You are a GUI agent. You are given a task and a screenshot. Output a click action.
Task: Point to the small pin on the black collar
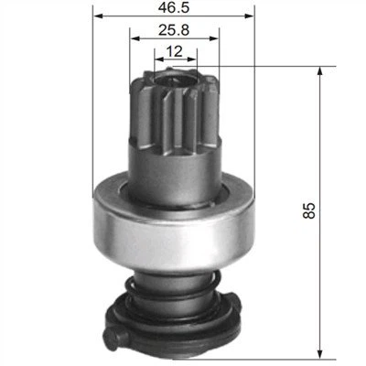click(113, 342)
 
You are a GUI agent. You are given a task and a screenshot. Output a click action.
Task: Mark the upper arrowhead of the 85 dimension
click(320, 70)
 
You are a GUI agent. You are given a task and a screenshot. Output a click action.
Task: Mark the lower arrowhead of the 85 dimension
click(320, 352)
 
